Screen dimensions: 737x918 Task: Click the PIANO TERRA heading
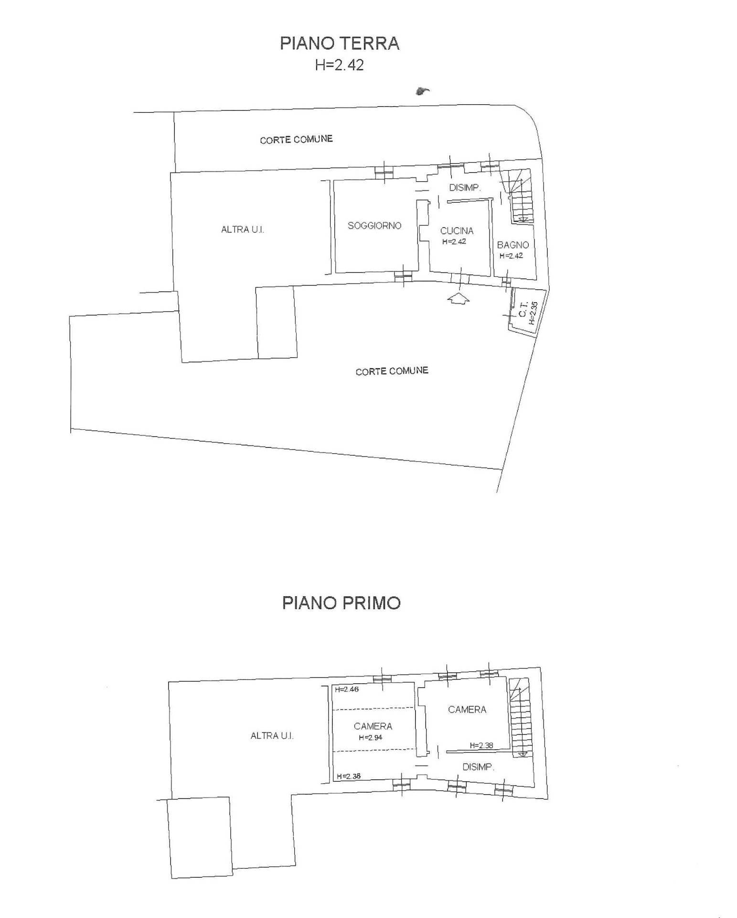pyautogui.click(x=339, y=43)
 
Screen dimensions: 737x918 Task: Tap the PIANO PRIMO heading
pyautogui.click(x=341, y=602)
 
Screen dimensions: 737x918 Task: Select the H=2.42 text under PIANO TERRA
pyautogui.click(x=339, y=65)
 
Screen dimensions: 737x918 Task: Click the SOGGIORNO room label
pyautogui.click(x=374, y=225)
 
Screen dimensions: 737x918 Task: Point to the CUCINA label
pyautogui.click(x=457, y=230)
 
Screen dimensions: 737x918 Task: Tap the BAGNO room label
pyautogui.click(x=513, y=245)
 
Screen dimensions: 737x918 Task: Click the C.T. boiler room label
pyautogui.click(x=523, y=312)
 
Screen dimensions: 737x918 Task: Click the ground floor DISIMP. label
pyautogui.click(x=465, y=187)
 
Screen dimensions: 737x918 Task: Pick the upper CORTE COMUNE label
pyautogui.click(x=296, y=140)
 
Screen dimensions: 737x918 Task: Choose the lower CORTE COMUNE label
pyautogui.click(x=392, y=371)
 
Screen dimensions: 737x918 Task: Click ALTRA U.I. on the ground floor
pyautogui.click(x=242, y=229)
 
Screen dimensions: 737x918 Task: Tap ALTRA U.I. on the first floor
pyautogui.click(x=272, y=735)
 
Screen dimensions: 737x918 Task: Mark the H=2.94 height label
pyautogui.click(x=371, y=737)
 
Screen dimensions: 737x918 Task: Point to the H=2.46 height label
pyautogui.click(x=347, y=689)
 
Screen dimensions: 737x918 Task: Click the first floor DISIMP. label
pyautogui.click(x=478, y=767)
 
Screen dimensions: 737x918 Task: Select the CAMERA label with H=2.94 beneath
pyautogui.click(x=373, y=726)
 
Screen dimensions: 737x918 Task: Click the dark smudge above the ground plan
pyautogui.click(x=422, y=91)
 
